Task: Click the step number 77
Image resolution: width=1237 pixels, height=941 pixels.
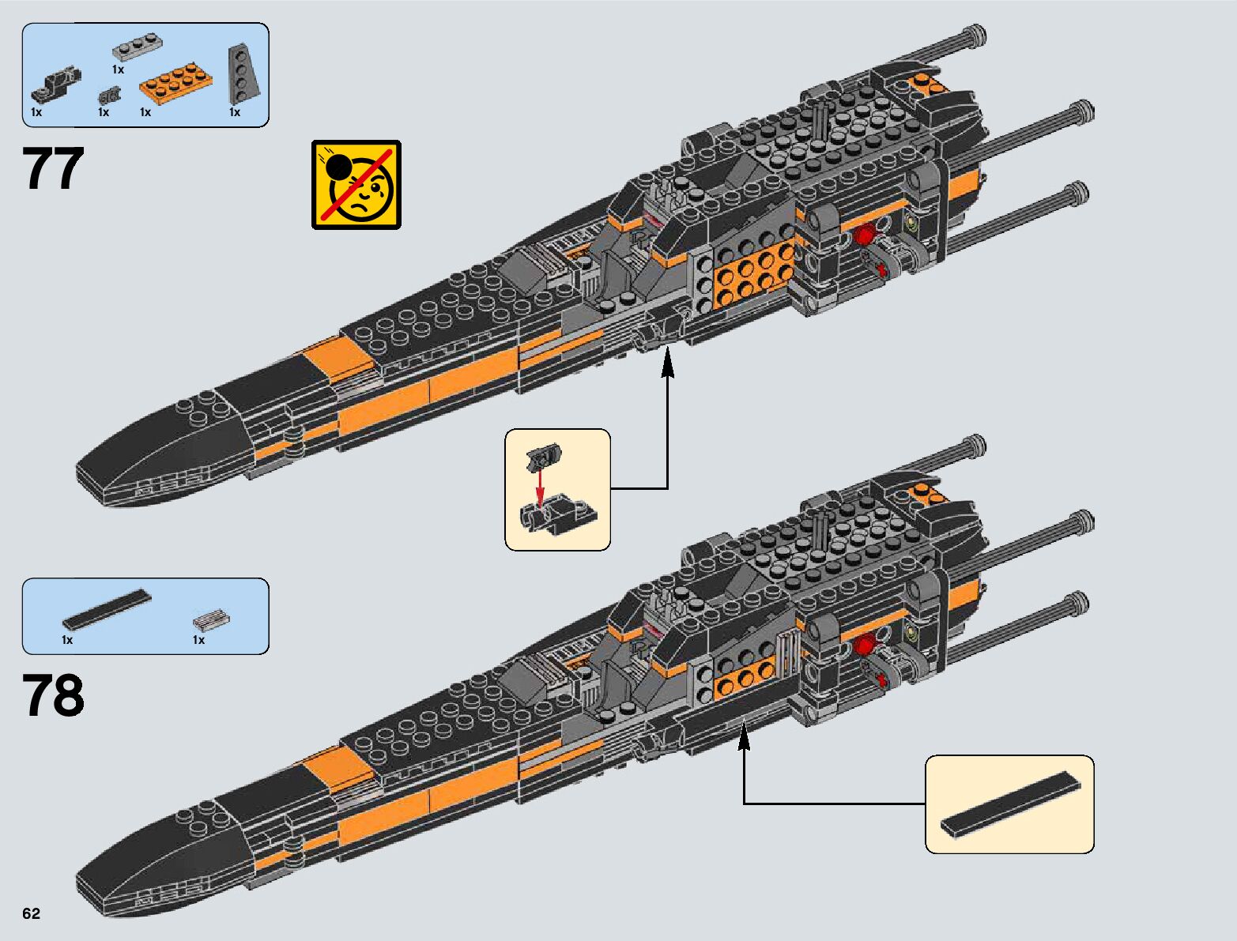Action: coord(54,168)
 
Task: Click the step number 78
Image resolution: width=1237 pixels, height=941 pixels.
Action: coord(54,695)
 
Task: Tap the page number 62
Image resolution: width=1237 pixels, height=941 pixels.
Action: coord(31,913)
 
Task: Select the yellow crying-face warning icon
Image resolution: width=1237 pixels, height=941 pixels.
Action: coord(356,185)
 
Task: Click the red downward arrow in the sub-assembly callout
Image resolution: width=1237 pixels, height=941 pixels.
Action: coord(540,487)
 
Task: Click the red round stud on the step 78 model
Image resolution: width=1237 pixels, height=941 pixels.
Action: coord(865,645)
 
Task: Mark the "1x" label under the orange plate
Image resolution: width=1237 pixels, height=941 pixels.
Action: coord(145,112)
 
